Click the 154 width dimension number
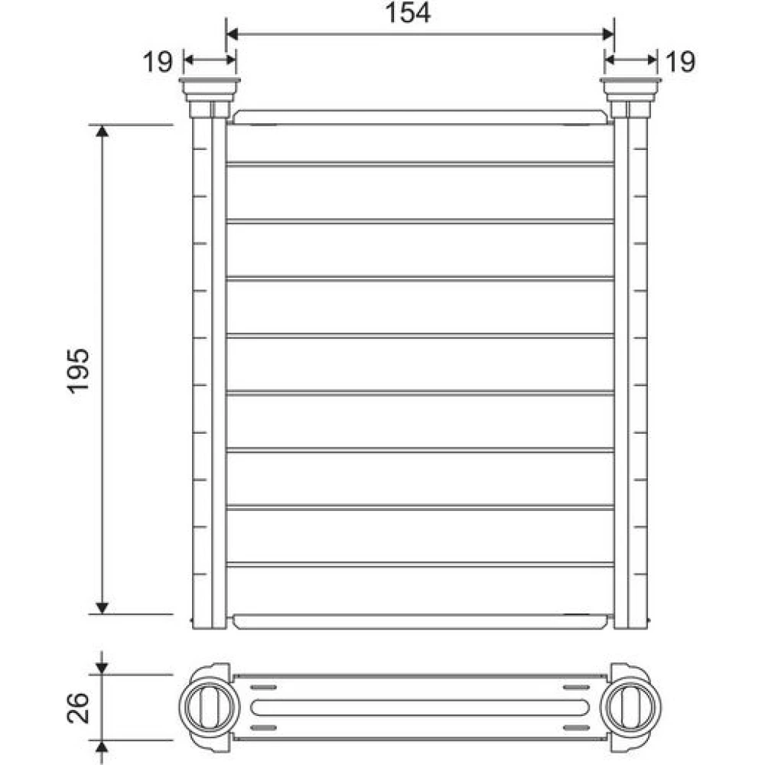point(408,13)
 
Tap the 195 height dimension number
point(78,370)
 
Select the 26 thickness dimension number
point(78,708)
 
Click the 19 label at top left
point(158,62)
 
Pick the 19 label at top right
point(680,62)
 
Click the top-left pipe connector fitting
point(210,98)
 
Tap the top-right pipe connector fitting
point(631,98)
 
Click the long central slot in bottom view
point(420,708)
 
